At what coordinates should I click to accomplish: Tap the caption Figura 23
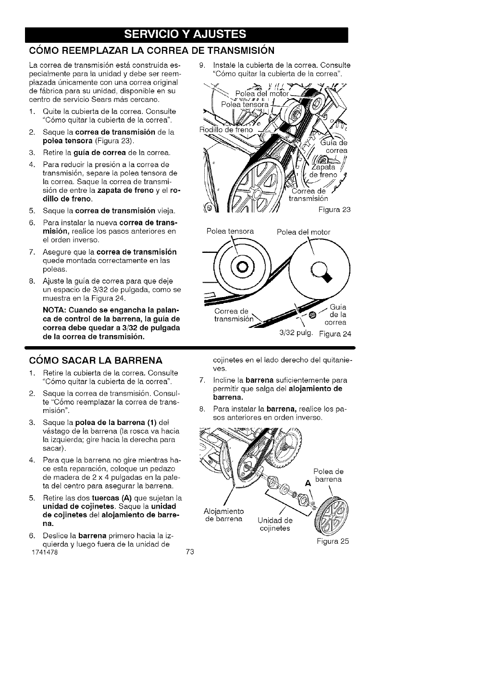(x=335, y=209)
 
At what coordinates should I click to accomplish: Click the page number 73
(x=189, y=553)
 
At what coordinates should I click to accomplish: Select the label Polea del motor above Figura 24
(x=304, y=232)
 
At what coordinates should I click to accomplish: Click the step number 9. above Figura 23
(x=202, y=65)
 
